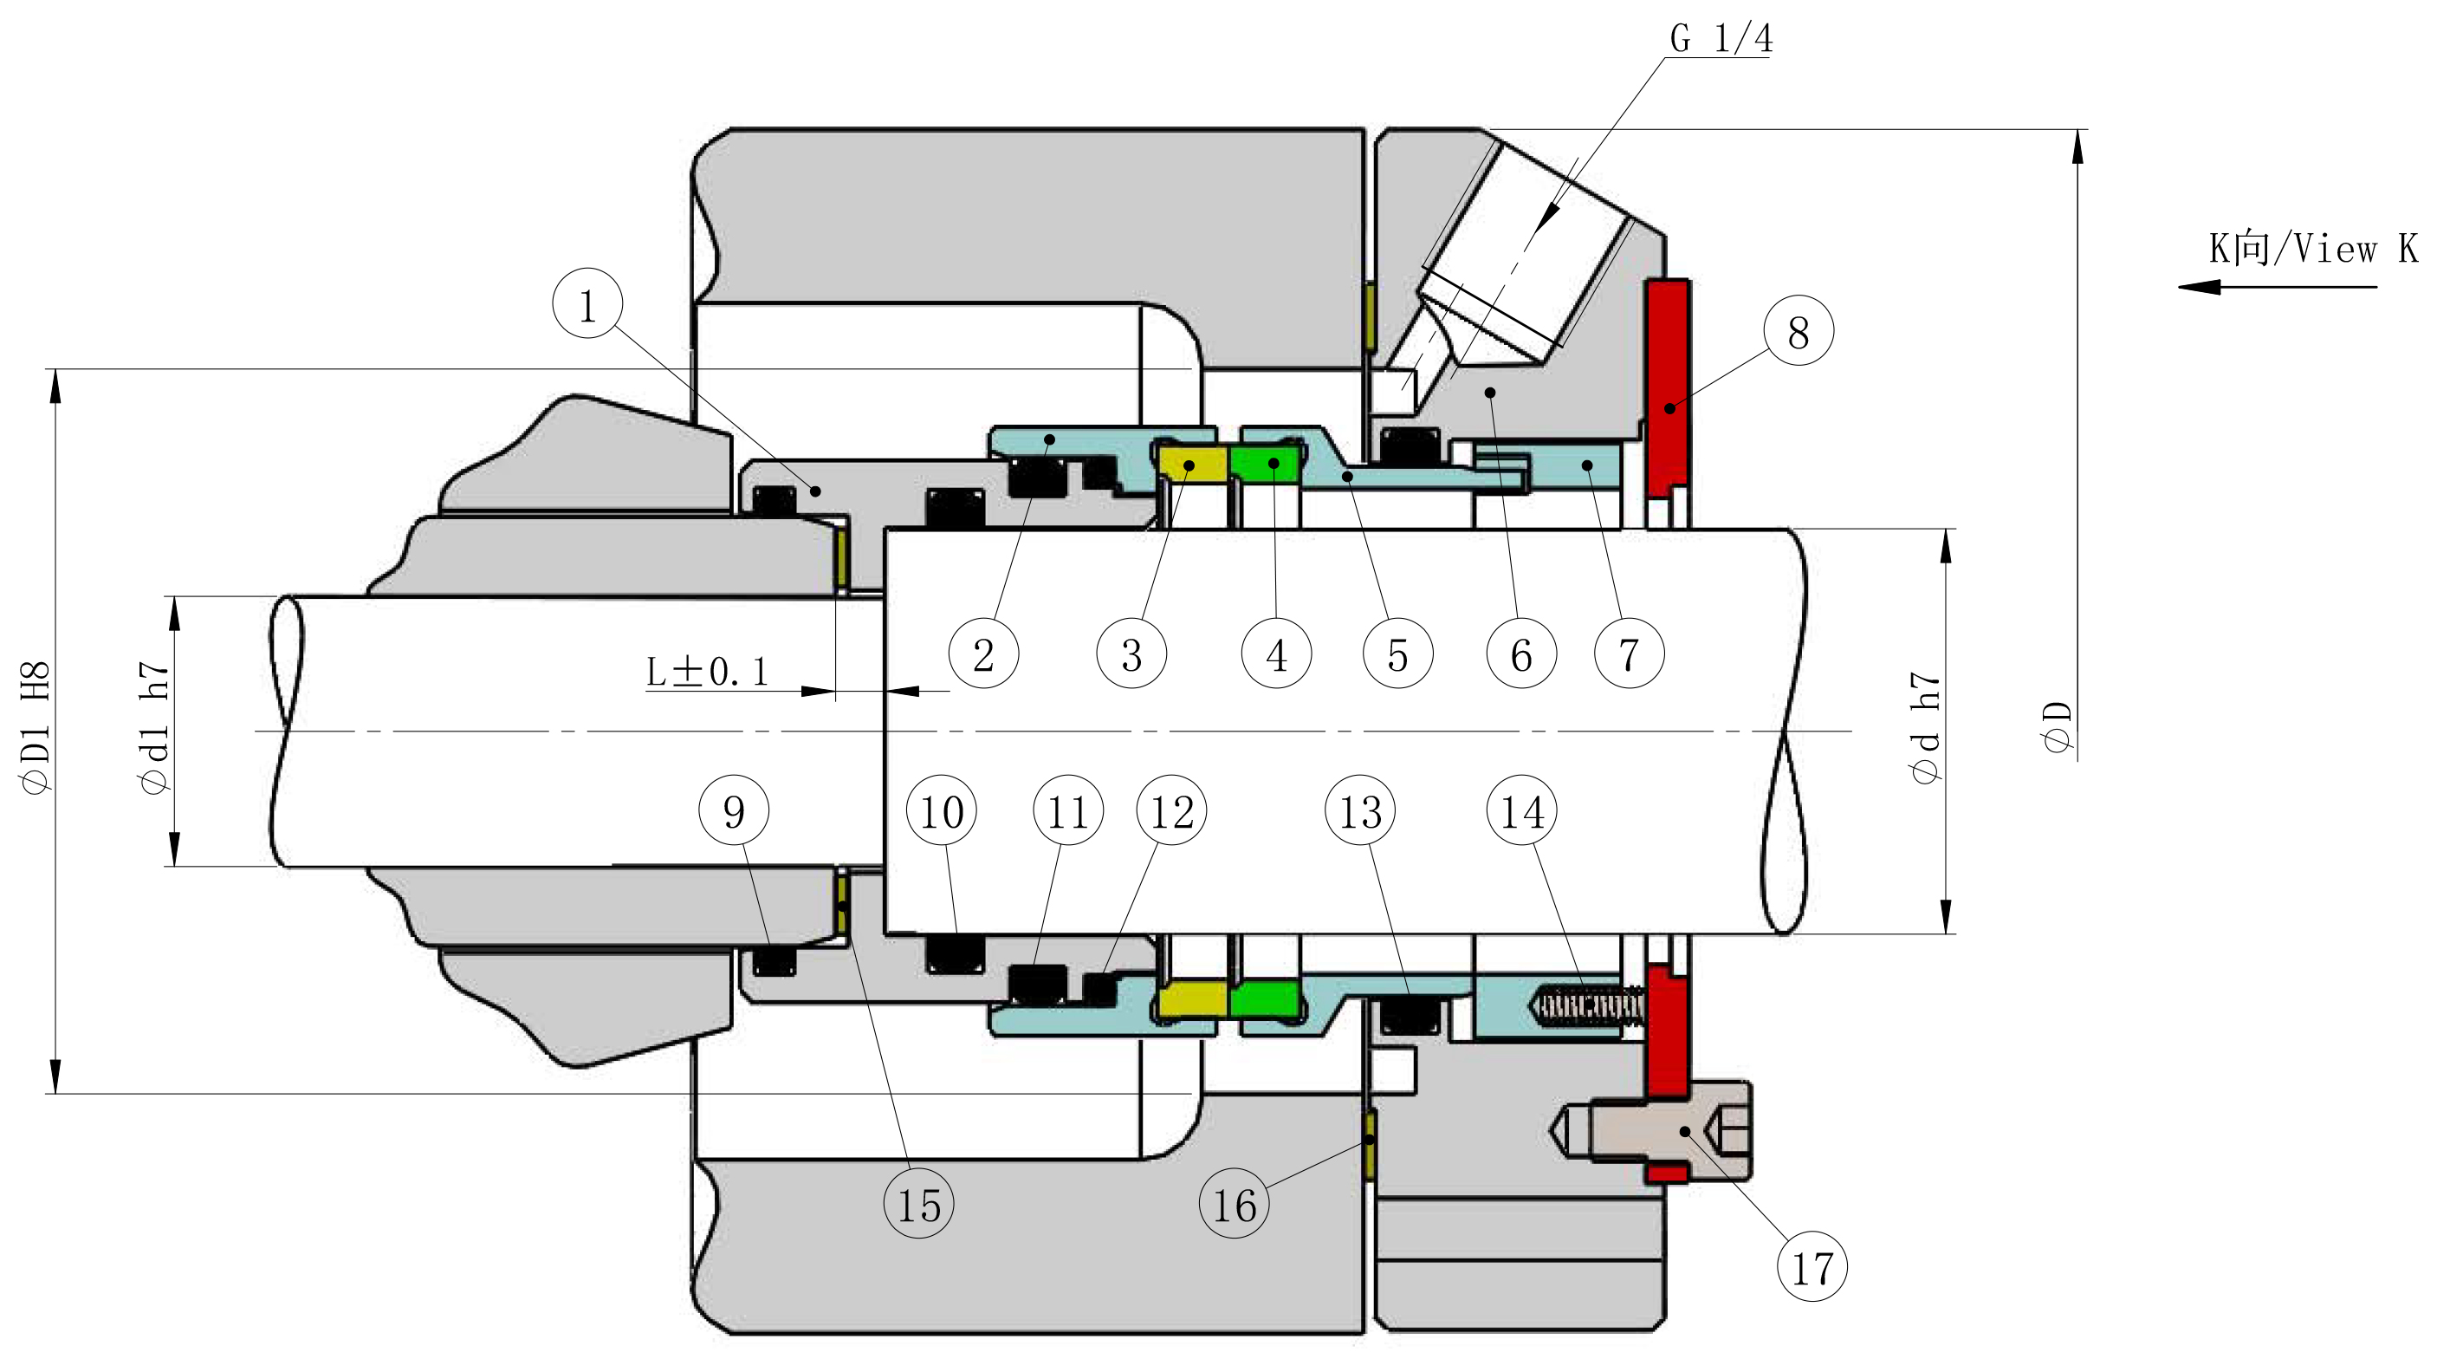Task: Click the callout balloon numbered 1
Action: point(587,305)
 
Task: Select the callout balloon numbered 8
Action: point(1799,331)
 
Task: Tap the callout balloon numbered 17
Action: point(1812,1267)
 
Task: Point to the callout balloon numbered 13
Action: point(1360,811)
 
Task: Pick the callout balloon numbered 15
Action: point(918,1205)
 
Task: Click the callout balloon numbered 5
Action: point(1398,653)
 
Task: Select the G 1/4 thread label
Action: point(1721,39)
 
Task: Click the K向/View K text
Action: point(2312,249)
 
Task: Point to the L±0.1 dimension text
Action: point(707,672)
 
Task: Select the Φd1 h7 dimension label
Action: point(154,728)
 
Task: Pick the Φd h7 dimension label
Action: point(1925,728)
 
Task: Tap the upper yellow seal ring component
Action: point(1192,465)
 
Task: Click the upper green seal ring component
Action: point(1266,464)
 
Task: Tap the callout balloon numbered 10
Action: point(942,811)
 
